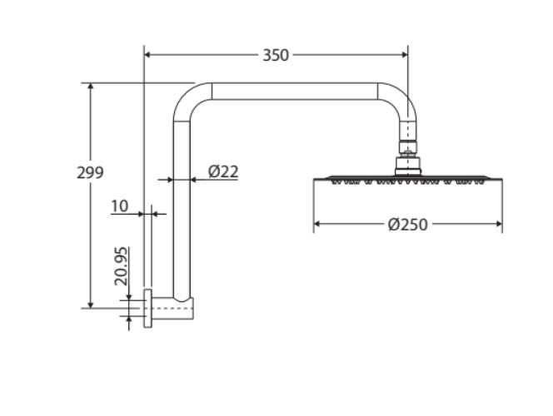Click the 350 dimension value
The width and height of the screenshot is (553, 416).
276,55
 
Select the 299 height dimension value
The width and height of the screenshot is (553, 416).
90,172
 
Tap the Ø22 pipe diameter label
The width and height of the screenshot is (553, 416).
223,171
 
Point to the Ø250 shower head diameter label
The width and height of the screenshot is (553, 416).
408,225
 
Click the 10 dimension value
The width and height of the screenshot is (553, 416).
120,206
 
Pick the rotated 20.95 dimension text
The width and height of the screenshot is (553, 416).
121,266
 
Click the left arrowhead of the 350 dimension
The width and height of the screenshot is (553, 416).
148,55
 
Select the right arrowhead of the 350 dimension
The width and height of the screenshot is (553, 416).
404,55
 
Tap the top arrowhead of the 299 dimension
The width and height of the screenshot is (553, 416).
91,87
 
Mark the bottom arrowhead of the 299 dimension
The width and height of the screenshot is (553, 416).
91,305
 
